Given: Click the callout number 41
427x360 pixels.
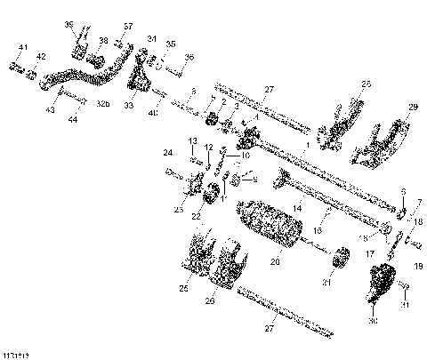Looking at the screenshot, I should (23, 46).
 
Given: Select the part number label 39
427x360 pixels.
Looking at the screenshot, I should (68, 24).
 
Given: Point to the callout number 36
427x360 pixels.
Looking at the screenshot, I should (189, 57).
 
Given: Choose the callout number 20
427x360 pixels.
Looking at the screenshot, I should (275, 262).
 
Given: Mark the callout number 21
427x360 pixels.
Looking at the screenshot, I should (326, 282).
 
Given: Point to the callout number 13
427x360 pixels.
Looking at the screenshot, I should (192, 141).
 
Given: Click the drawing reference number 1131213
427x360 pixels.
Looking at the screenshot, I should (14, 354).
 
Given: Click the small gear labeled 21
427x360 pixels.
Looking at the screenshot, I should (338, 262).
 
